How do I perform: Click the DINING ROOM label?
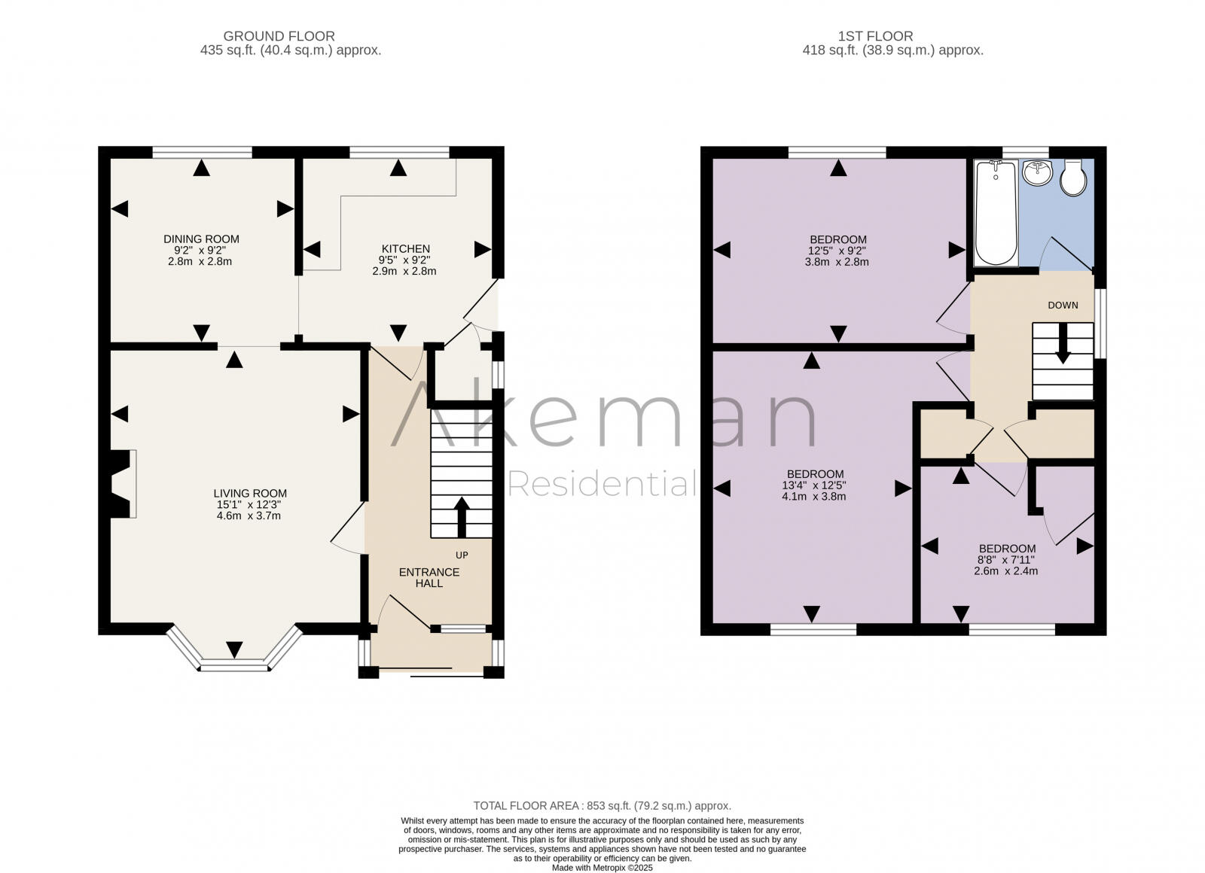201,239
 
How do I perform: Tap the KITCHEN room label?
405,249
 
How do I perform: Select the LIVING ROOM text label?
249,494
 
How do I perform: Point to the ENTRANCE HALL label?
429,577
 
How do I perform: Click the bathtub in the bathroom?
995,212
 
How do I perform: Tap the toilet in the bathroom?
1072,177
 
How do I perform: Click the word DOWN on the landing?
1063,306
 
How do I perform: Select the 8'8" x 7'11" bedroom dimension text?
1005,560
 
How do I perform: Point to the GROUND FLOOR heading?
279,36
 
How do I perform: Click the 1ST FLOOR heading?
875,36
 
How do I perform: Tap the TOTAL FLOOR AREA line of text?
602,805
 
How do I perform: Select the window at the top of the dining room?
201,152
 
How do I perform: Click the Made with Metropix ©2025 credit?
602,868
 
